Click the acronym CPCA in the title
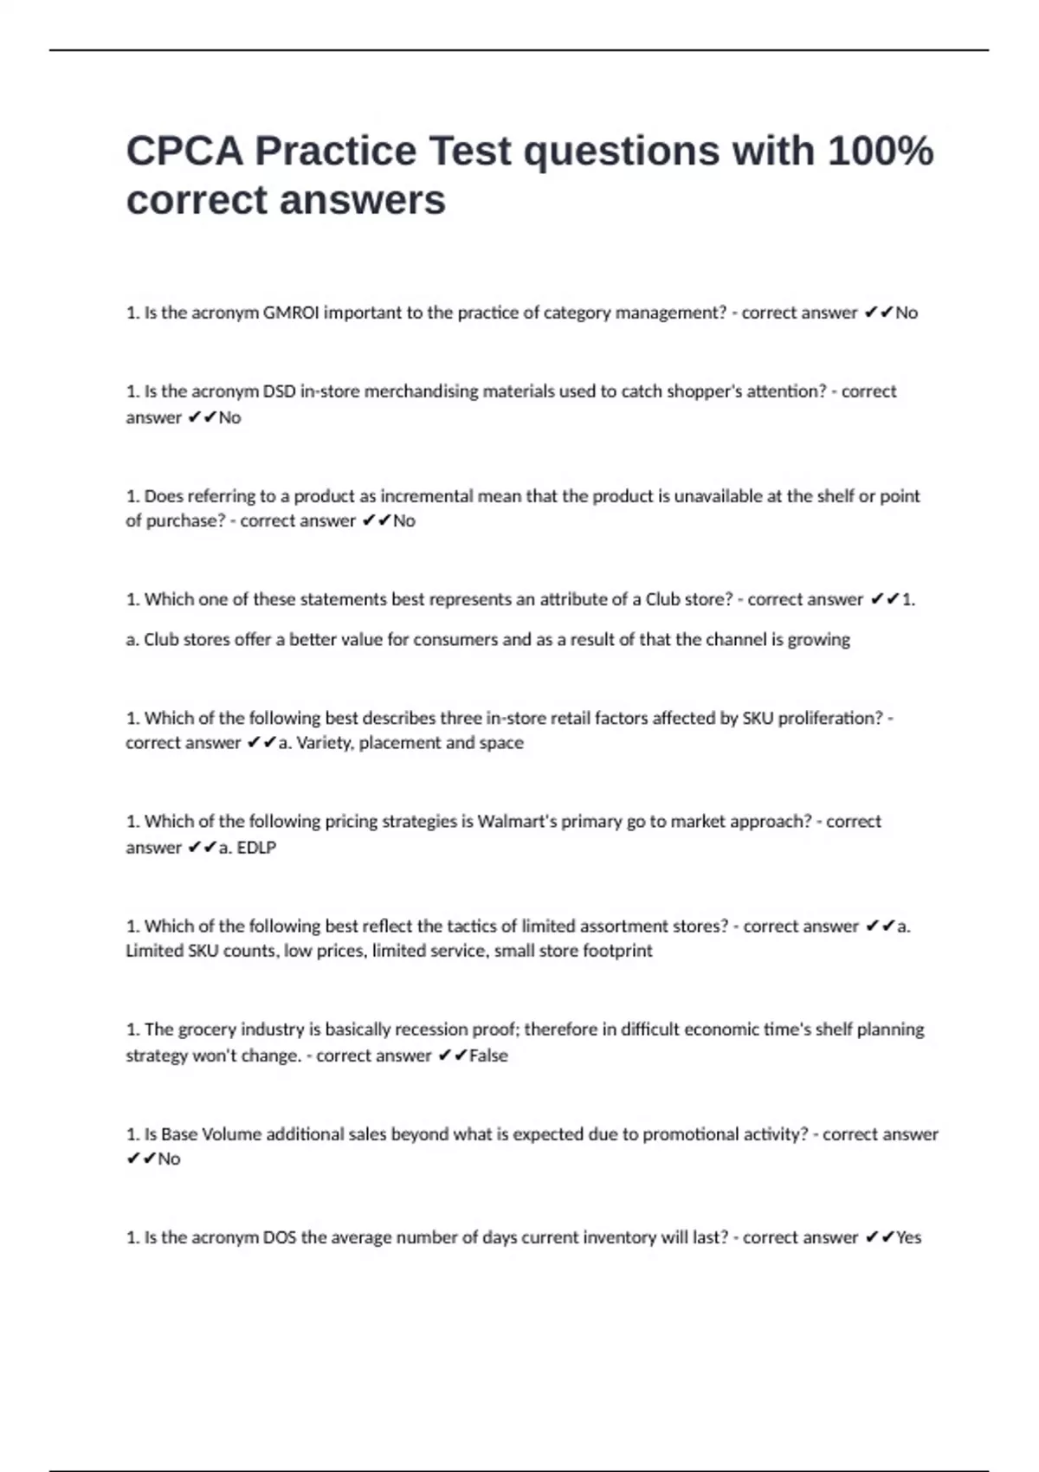click(184, 151)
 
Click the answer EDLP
click(256, 848)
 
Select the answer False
click(488, 1056)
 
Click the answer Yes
click(908, 1238)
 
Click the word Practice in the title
click(336, 151)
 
